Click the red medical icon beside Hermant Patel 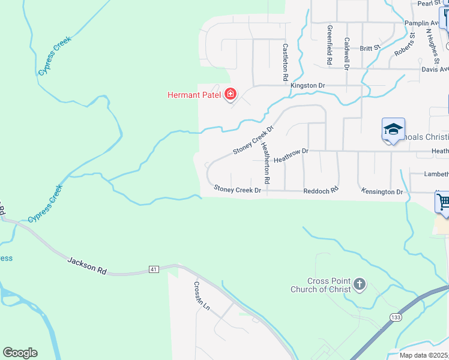click(x=230, y=94)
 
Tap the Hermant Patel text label click(x=194, y=95)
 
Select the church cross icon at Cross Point click(x=359, y=284)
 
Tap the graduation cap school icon click(x=393, y=129)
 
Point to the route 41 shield click(x=154, y=270)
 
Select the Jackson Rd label click(x=87, y=265)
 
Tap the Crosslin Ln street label click(x=202, y=296)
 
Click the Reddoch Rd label click(x=321, y=190)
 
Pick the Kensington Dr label click(x=382, y=191)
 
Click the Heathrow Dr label click(x=291, y=156)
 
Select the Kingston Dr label click(x=307, y=86)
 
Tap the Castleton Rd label click(x=286, y=62)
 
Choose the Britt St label click(x=370, y=47)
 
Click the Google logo click(x=20, y=353)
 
